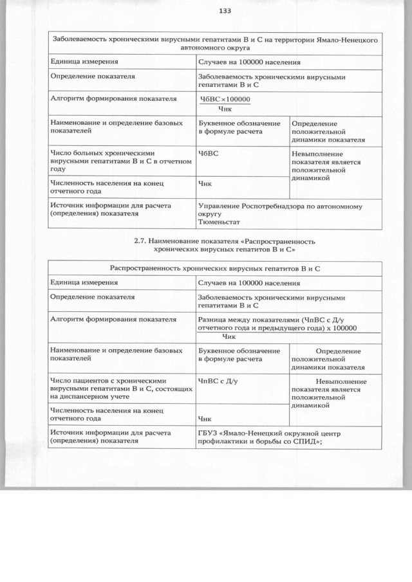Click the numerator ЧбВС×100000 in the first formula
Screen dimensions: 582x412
click(225, 99)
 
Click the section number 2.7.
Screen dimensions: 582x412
click(140, 241)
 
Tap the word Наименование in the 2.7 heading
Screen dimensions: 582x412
click(178, 241)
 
